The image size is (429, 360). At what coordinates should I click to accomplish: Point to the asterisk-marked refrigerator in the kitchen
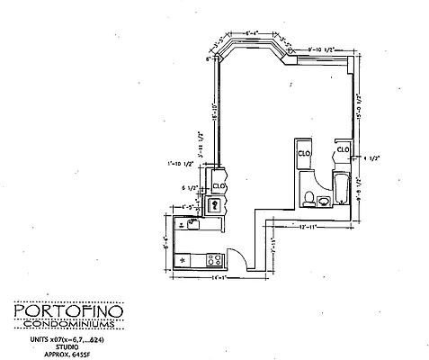pyautogui.click(x=184, y=259)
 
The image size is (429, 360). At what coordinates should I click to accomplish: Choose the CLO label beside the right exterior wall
pyautogui.click(x=344, y=149)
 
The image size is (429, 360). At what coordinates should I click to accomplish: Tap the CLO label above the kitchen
pyautogui.click(x=219, y=186)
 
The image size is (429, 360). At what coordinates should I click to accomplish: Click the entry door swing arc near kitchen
pyautogui.click(x=233, y=255)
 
